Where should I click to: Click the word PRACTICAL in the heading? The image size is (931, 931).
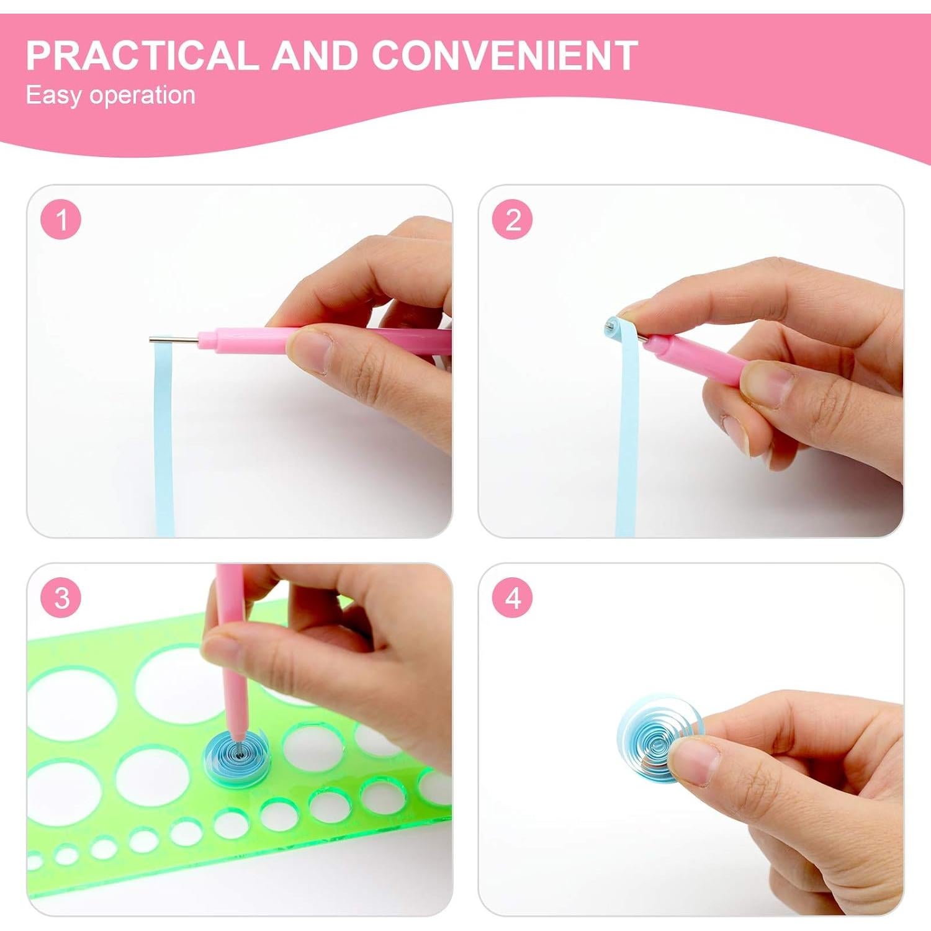pos(142,55)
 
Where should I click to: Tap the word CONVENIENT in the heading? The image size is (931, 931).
pos(505,55)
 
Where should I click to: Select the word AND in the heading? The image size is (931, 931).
pos(315,55)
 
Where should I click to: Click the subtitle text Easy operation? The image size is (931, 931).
pos(110,95)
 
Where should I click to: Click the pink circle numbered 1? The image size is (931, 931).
pos(61,220)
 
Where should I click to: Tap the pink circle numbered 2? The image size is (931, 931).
pos(513,220)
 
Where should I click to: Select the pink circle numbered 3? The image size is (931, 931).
pos(61,598)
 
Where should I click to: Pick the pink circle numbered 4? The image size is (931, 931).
pos(513,598)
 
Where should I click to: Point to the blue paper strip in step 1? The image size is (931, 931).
pos(163,434)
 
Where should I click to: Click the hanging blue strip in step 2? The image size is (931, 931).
pos(627,447)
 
